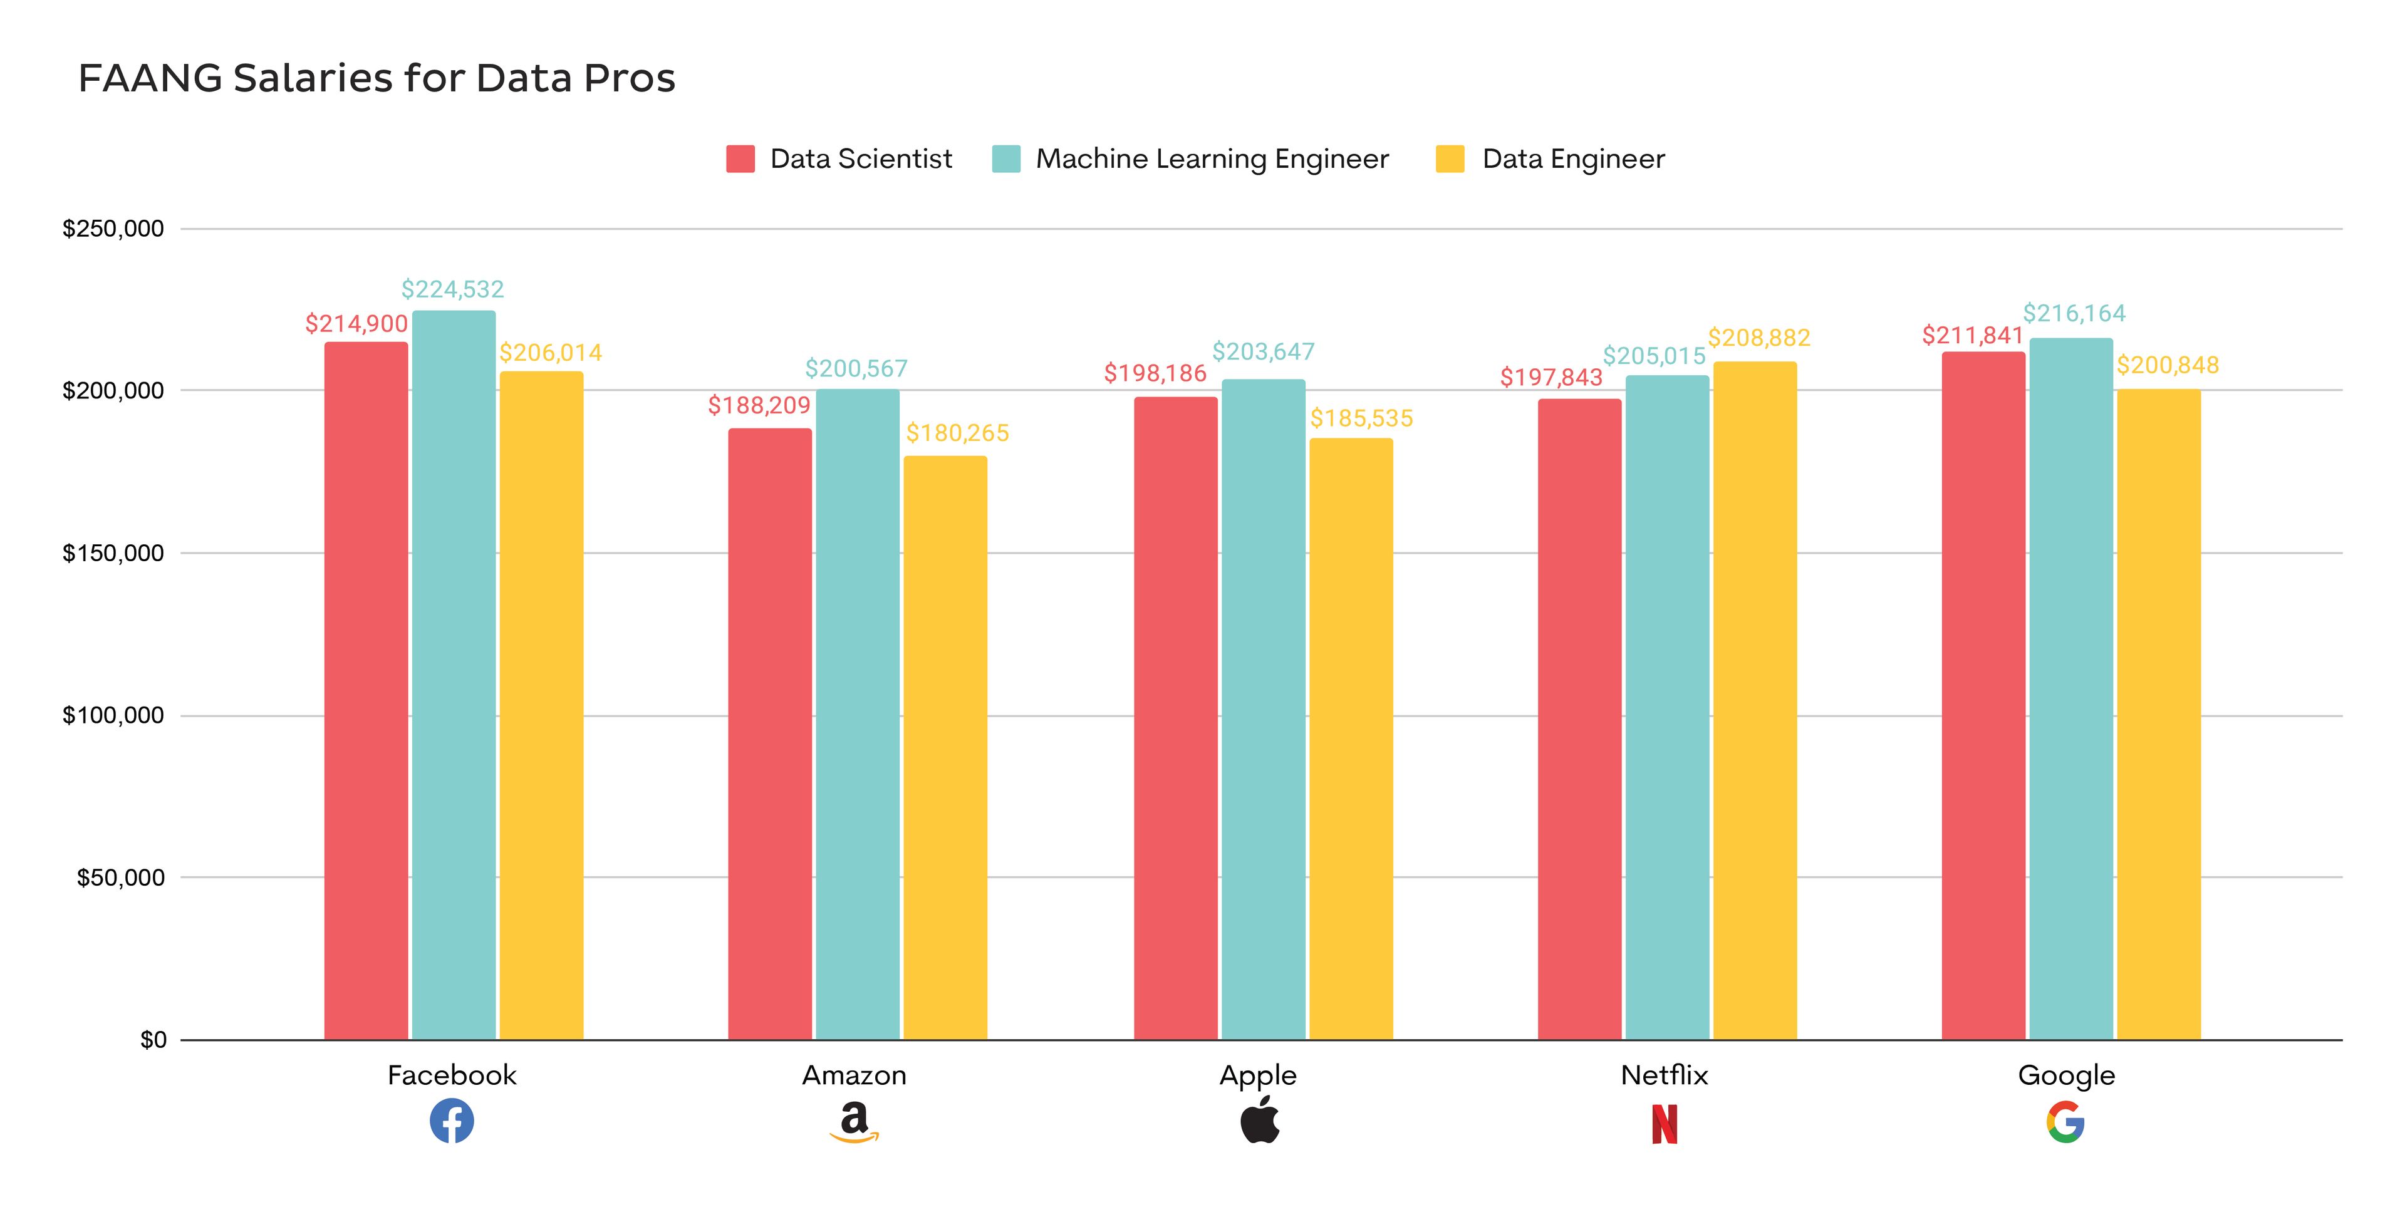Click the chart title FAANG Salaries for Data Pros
tap(377, 78)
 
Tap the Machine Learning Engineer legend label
tap(1212, 158)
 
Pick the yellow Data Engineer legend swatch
tap(1449, 158)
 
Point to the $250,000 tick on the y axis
tap(113, 229)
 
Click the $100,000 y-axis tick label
tap(113, 716)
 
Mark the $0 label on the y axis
tap(153, 1040)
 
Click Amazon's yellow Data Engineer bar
tap(945, 747)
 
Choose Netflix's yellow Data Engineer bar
tap(1754, 700)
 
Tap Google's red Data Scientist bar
tap(1983, 695)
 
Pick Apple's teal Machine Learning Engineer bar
tap(1263, 710)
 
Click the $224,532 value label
tap(453, 289)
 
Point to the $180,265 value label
tap(957, 433)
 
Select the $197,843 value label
tap(1551, 377)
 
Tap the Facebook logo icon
tap(452, 1121)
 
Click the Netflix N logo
tap(1664, 1124)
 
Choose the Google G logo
tap(2065, 1122)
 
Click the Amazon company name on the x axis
tap(854, 1075)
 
